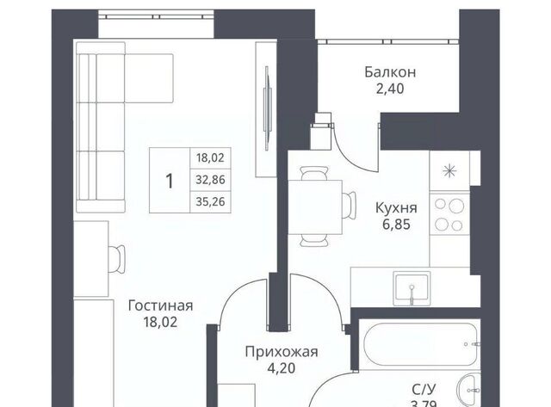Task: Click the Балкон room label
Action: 390,72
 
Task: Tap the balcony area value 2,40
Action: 390,89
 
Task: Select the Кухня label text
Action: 396,208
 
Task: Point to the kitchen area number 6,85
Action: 396,224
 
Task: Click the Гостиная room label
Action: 161,305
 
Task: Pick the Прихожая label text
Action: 282,352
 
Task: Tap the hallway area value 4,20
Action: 282,368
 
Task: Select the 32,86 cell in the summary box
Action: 210,180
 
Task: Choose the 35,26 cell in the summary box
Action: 210,202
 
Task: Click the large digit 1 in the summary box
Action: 170,182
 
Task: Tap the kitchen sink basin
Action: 412,288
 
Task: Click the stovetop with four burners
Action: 449,214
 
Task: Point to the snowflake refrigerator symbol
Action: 449,171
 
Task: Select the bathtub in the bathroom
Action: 420,344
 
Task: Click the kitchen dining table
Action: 315,207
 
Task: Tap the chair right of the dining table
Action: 349,207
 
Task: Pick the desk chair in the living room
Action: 117,259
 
